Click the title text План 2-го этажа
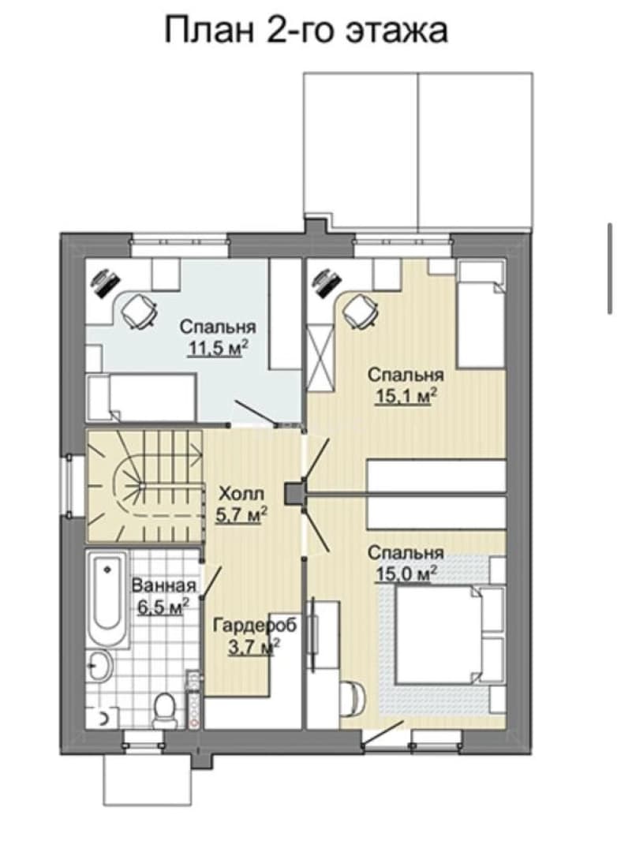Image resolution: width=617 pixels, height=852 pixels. coord(306,31)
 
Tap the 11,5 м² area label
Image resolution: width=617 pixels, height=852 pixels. coord(218,349)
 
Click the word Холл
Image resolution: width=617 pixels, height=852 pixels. coord(241,494)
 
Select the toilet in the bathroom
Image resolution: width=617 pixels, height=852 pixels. coord(163,710)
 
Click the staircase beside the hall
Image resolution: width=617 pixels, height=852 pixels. coord(144,486)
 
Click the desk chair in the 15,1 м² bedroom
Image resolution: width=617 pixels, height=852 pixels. coord(360,311)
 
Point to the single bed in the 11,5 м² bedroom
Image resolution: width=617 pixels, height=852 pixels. coord(140,397)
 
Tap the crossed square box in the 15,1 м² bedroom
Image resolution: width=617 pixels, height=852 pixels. coord(320,357)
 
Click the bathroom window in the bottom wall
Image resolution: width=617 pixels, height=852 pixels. coord(144,737)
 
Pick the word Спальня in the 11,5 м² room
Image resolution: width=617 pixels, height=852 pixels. coord(218,327)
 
